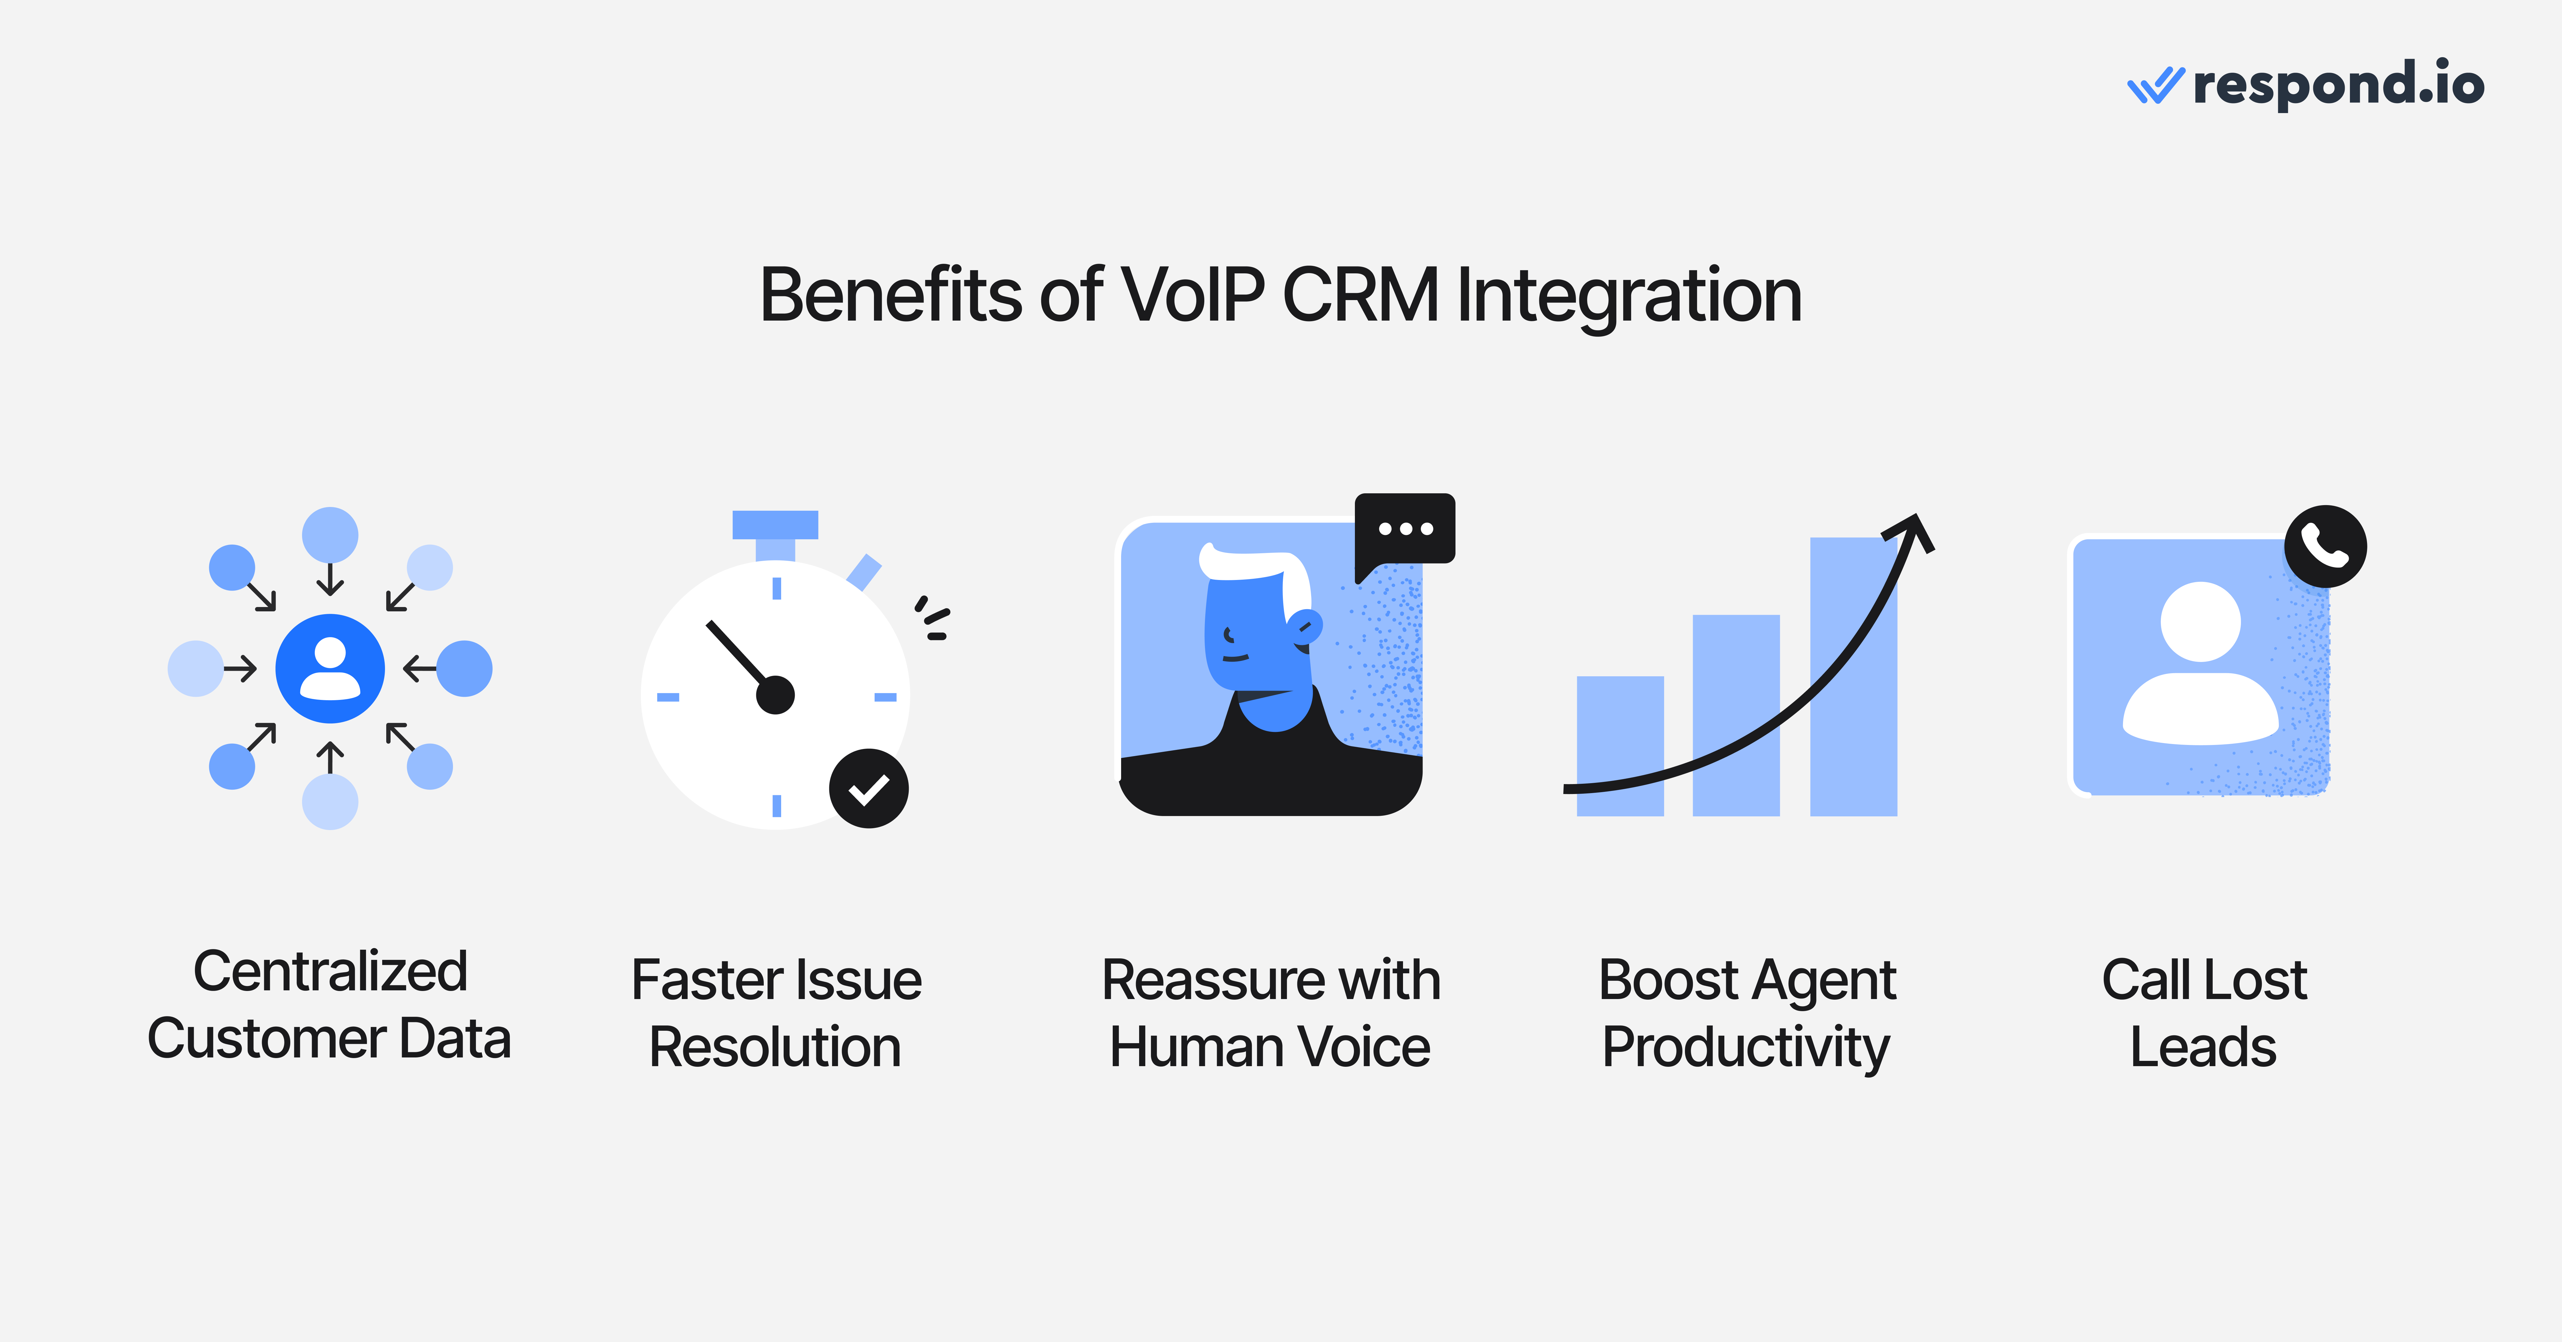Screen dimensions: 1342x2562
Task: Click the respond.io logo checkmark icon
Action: point(2154,85)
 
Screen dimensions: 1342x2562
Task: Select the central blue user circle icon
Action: point(330,668)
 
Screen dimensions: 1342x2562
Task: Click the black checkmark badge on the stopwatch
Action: point(868,789)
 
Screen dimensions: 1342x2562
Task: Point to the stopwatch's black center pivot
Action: point(775,694)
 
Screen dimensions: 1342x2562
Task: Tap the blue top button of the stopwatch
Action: point(775,524)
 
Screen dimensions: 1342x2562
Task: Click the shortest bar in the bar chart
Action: point(1620,746)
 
